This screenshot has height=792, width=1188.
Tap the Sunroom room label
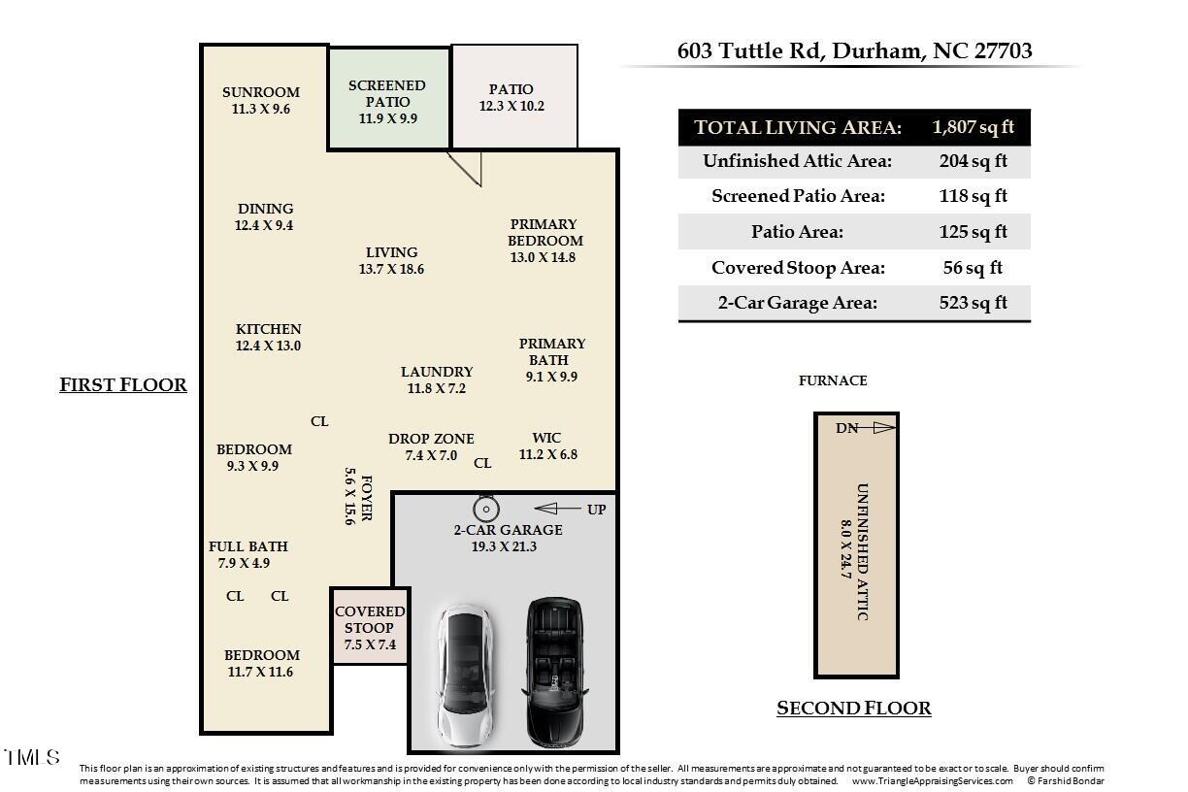coord(260,100)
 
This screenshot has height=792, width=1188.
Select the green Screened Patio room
coord(387,101)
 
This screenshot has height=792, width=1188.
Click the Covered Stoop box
coord(370,627)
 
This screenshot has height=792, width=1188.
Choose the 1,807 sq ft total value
coord(973,127)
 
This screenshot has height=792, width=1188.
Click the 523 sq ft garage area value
coord(973,303)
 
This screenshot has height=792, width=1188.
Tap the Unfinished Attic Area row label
coord(797,161)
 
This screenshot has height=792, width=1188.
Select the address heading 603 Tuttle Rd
coord(854,50)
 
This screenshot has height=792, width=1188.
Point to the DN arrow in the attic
coord(867,428)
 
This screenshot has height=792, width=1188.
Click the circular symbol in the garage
coord(485,509)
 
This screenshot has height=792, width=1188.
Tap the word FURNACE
coord(832,380)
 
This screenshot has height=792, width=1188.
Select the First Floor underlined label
coord(123,385)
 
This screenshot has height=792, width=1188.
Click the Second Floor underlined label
coord(853,709)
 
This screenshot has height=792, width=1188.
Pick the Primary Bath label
coord(551,359)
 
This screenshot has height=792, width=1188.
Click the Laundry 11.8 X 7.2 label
coord(437,379)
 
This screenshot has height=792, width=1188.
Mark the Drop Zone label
coord(431,446)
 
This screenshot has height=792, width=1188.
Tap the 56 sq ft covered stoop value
coord(973,268)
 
